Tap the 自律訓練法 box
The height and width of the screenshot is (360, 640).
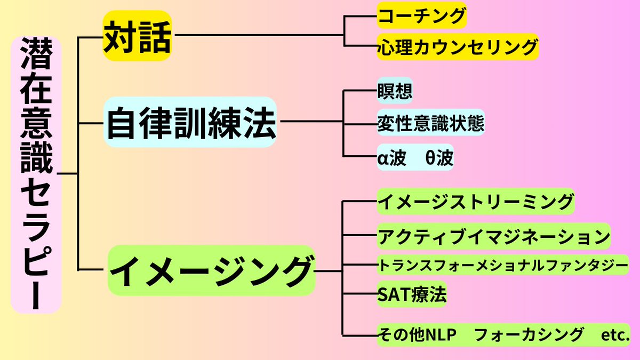click(x=191, y=122)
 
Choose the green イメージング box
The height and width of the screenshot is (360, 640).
click(x=211, y=270)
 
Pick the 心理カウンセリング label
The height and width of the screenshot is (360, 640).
click(x=458, y=47)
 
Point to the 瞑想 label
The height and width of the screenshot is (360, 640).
click(x=395, y=91)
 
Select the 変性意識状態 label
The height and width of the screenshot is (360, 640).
click(x=430, y=124)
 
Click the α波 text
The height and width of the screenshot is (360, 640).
click(x=392, y=157)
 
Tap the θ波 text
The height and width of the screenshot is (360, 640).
click(x=439, y=157)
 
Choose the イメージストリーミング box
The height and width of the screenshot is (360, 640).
click(x=475, y=201)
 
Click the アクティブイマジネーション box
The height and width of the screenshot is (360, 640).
click(x=493, y=236)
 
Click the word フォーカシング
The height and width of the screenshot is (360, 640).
click(x=527, y=335)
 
